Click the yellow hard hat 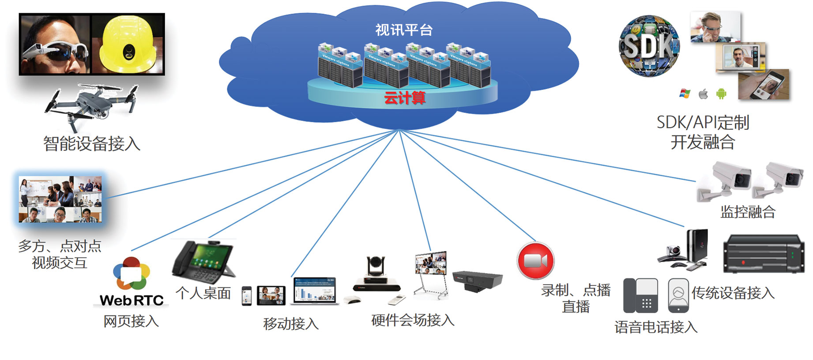click(127, 44)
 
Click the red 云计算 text click(404, 97)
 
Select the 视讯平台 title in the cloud click(404, 30)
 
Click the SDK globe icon click(649, 46)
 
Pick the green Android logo click(721, 94)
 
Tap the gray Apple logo click(703, 94)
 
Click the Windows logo click(685, 94)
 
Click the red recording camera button click(535, 260)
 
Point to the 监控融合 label click(748, 212)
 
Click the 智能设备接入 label click(92, 144)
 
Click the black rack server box click(763, 254)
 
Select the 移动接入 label click(291, 324)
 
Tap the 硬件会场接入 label click(413, 320)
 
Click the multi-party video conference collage click(60, 199)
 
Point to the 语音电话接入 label click(656, 327)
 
